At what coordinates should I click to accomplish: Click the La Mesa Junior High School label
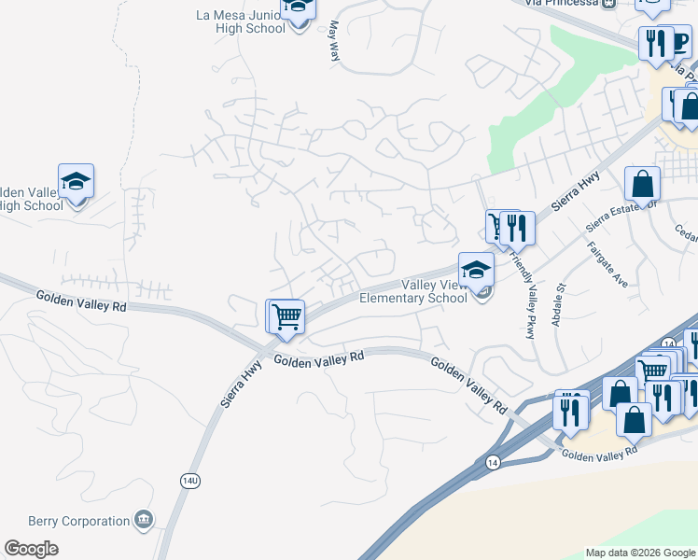coord(241,21)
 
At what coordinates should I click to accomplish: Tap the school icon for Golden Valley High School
coord(76,181)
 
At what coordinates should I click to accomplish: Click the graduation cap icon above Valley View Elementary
coord(476,270)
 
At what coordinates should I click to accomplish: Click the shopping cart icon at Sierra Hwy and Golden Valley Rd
coord(287,316)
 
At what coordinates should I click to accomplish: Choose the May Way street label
coord(333,42)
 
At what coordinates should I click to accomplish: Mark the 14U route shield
coord(190,480)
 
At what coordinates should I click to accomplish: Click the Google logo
coord(31,549)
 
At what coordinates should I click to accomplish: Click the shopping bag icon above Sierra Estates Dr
coord(643,184)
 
